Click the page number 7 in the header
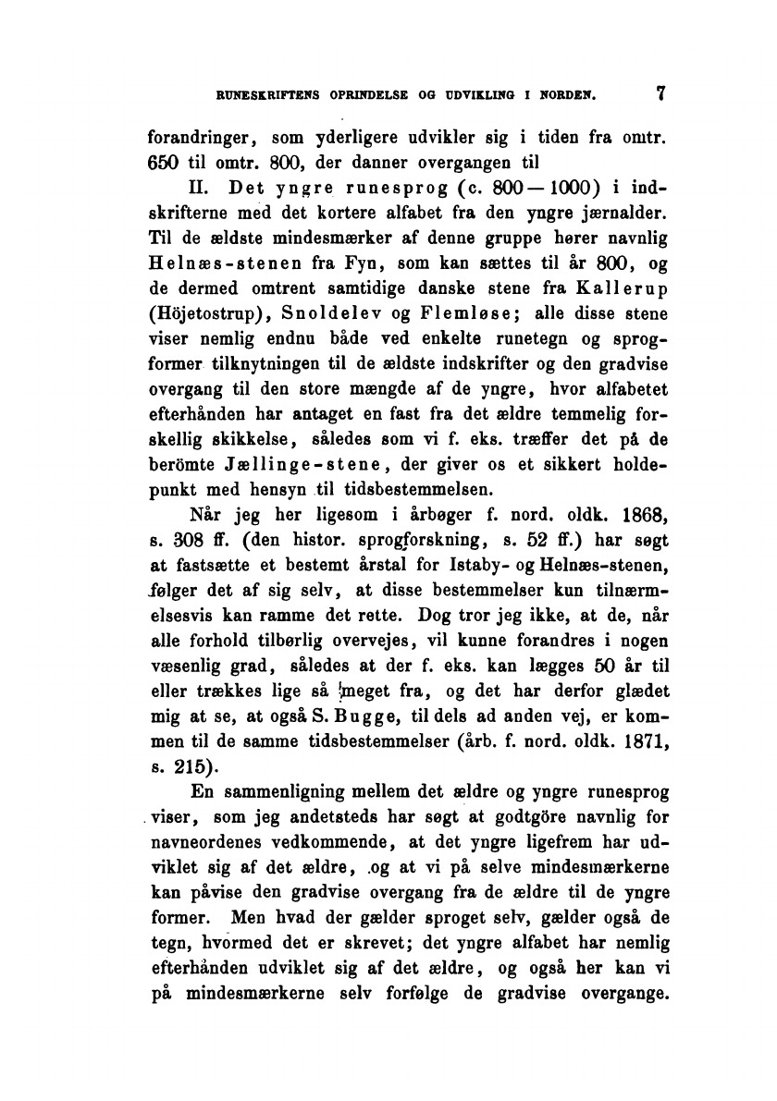coord(660,93)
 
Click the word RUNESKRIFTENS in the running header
coord(261,94)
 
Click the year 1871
coord(636,739)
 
